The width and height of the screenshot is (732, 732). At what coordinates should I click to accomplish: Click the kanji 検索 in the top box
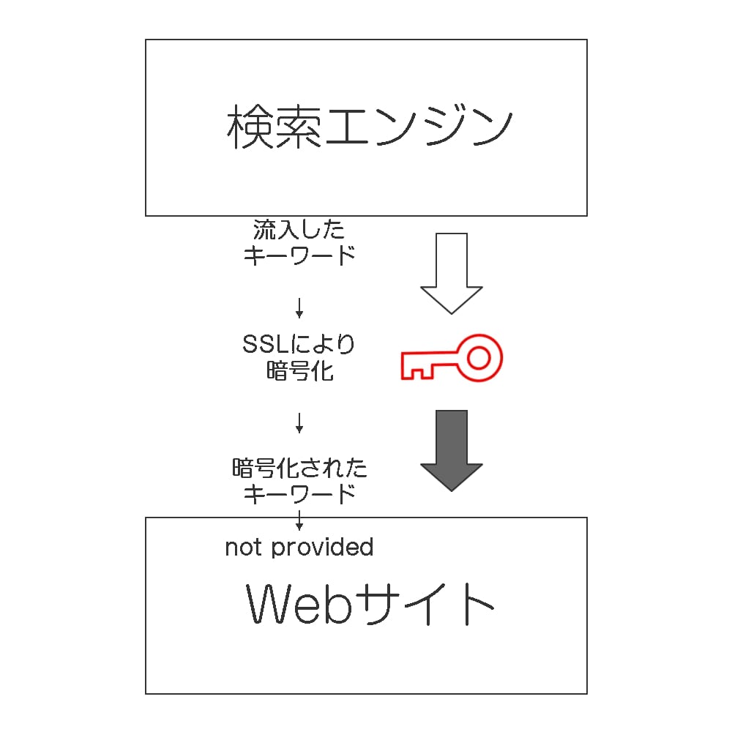[x=274, y=126]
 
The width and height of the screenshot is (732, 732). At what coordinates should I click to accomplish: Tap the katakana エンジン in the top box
[x=418, y=126]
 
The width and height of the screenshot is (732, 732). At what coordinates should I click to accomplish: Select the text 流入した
[x=299, y=230]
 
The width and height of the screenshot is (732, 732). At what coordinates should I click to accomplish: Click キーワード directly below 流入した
[x=299, y=255]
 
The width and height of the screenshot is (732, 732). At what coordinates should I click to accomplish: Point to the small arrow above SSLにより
[x=299, y=308]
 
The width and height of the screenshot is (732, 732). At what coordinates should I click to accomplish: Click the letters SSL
[x=266, y=345]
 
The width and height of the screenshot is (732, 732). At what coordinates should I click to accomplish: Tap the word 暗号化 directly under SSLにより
[x=300, y=372]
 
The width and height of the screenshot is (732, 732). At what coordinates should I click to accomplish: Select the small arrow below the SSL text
[x=299, y=423]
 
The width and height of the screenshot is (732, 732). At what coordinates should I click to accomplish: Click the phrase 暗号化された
[x=299, y=468]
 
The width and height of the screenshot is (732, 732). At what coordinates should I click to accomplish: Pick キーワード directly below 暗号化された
[x=299, y=494]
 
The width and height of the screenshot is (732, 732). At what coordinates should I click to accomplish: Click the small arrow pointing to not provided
[x=299, y=520]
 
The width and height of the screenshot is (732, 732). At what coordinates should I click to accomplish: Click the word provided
[x=322, y=548]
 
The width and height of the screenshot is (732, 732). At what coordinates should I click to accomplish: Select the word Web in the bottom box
[x=299, y=603]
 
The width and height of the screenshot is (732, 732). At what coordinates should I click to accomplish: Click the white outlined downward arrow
[x=452, y=273]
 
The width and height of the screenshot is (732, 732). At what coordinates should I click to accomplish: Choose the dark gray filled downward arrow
[x=452, y=450]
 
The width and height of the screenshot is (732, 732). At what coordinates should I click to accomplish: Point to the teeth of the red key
[x=417, y=372]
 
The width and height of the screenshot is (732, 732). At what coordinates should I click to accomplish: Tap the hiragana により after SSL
[x=323, y=345]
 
